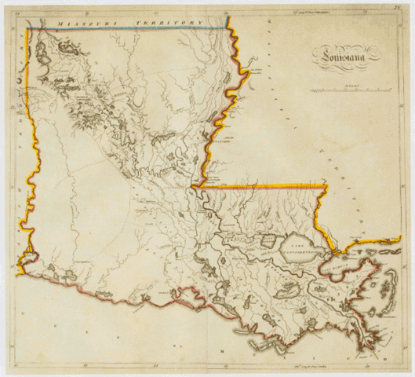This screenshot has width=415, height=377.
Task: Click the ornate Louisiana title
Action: [x=346, y=55]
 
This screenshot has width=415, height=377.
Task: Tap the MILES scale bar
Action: [x=346, y=91]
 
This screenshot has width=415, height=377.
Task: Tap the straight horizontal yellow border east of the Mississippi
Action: [x=267, y=187]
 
